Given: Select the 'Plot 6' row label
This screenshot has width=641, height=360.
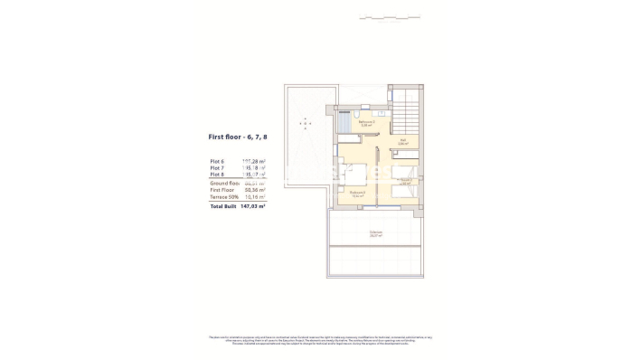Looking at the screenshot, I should [x=216, y=161].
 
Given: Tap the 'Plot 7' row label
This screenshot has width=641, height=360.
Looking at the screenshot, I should [x=216, y=168].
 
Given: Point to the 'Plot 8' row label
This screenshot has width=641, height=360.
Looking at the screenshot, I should [x=216, y=175].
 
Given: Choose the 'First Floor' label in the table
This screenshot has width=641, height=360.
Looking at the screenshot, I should [x=222, y=191].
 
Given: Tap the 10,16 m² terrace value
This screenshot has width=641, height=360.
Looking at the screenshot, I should [x=254, y=198].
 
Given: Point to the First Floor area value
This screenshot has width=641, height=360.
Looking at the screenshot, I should [x=254, y=191].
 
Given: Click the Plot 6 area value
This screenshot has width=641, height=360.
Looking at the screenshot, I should [x=254, y=161].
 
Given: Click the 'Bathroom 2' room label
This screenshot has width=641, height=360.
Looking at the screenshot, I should [x=364, y=123].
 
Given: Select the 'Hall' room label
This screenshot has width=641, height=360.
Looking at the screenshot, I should [x=403, y=141].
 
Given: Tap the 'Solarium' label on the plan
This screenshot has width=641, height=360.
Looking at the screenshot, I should [x=374, y=233].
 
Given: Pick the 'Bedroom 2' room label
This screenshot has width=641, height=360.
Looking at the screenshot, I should [x=358, y=193].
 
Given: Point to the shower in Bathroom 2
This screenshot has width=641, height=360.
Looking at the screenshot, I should [x=346, y=123].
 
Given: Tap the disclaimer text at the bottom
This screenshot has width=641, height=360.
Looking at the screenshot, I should [x=320, y=340].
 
